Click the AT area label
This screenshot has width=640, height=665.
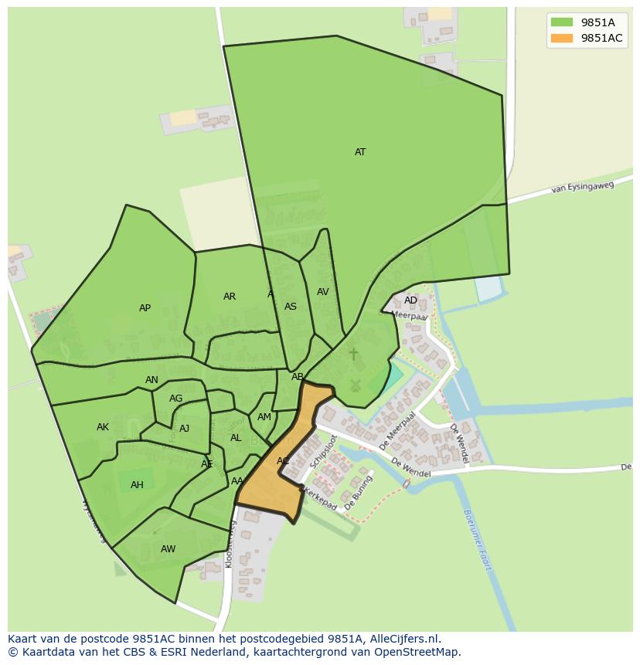click(360, 152)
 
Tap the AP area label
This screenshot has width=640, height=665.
click(145, 308)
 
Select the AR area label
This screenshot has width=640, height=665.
click(230, 297)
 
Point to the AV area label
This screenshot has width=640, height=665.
click(323, 292)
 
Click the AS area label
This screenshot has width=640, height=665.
click(291, 307)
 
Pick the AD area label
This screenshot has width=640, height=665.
click(410, 300)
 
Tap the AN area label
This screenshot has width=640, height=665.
click(151, 380)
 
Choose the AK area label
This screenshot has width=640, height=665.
click(103, 427)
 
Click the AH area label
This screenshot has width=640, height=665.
click(137, 485)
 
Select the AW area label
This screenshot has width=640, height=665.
click(168, 549)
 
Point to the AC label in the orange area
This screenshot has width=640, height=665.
click(283, 461)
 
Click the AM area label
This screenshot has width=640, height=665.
click(264, 417)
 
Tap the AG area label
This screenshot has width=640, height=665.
click(175, 399)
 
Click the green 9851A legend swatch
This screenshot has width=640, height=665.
click(562, 22)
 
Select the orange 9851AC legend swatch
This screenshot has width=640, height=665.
click(562, 39)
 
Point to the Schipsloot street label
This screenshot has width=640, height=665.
click(323, 452)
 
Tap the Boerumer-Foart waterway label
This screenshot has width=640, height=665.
click(478, 539)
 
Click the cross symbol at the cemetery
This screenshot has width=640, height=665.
click(354, 354)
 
